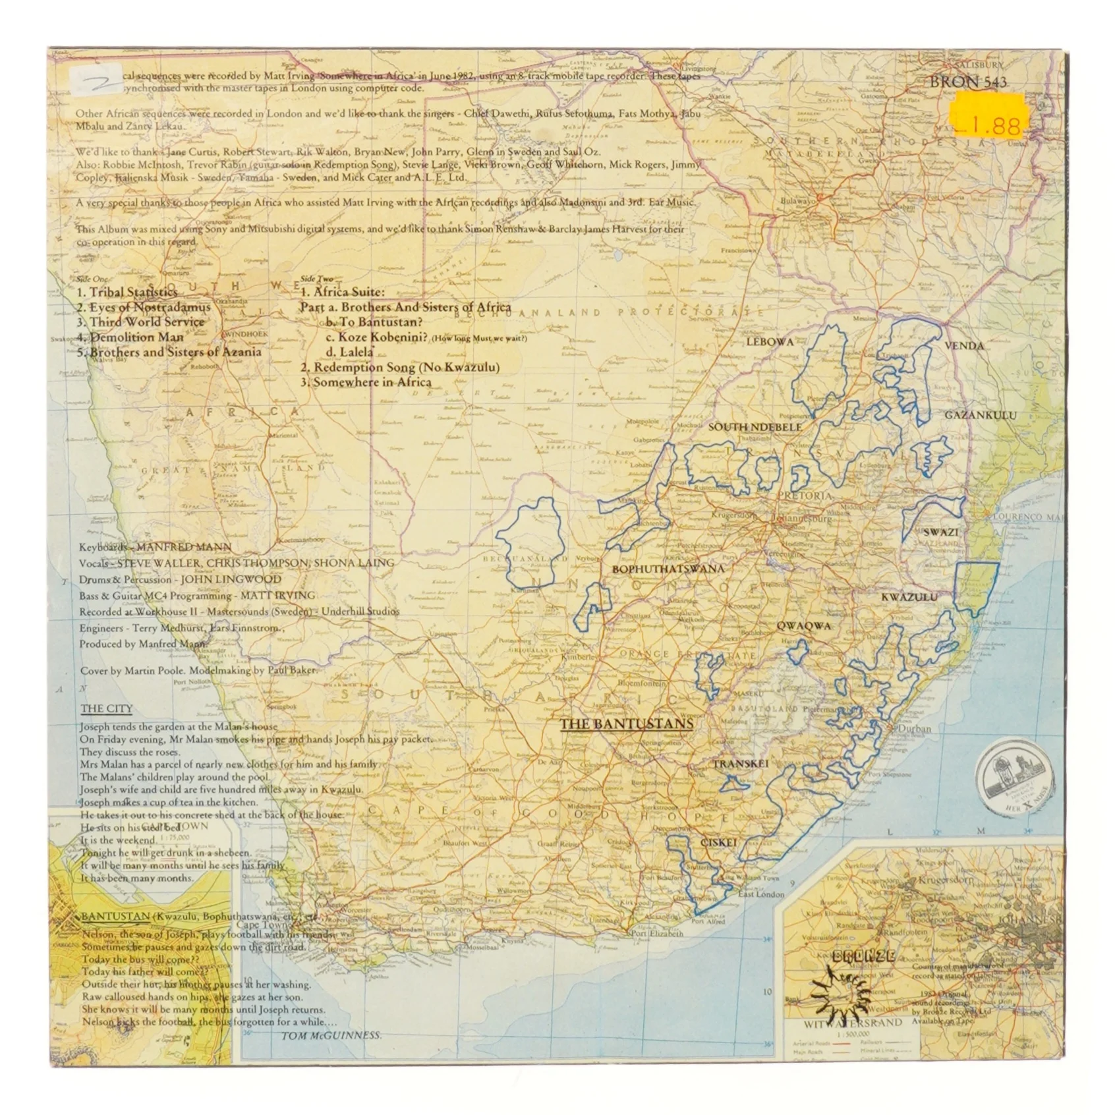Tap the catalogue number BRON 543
click(968, 82)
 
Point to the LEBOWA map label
click(770, 342)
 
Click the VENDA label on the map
click(963, 346)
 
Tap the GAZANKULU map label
click(980, 415)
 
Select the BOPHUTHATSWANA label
click(668, 569)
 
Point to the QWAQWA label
click(803, 626)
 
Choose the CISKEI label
click(718, 842)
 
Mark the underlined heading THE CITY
click(106, 709)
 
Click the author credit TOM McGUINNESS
click(331, 1035)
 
